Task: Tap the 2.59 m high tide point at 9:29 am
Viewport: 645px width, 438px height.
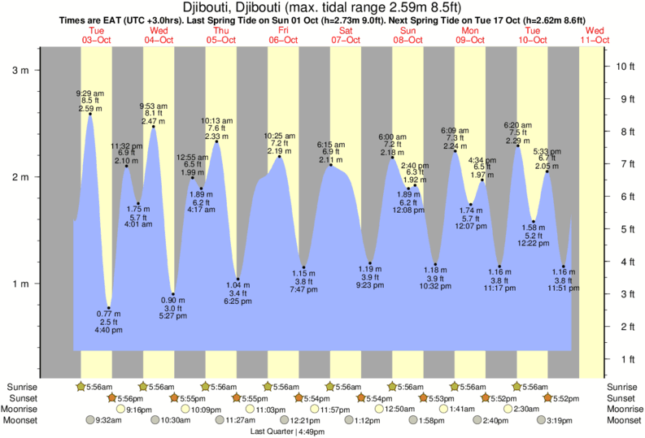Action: pos(89,114)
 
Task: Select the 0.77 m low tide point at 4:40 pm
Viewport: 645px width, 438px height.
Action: pos(109,308)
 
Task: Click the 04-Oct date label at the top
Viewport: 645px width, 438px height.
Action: pos(158,39)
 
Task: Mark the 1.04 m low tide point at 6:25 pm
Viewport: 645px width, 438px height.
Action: pos(238,279)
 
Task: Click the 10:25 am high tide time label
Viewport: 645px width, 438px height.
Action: pos(278,136)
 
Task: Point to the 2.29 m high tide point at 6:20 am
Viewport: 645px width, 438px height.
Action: pos(517,146)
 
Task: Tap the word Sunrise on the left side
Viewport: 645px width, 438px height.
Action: pos(22,387)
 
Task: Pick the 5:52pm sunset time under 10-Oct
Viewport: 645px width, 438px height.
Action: pos(564,398)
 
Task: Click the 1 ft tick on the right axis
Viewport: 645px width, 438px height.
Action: pos(624,358)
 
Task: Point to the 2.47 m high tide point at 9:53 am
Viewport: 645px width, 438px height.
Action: pos(153,127)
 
